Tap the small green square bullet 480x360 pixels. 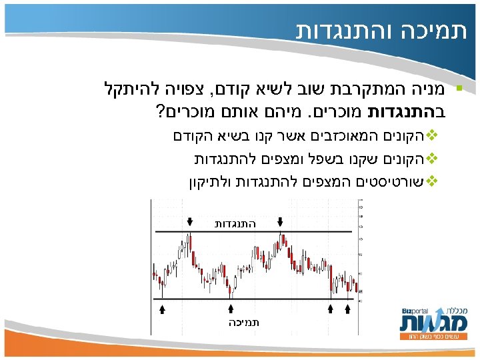point(458,89)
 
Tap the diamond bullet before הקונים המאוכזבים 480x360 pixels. point(431,137)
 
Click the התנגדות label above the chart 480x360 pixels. point(235,224)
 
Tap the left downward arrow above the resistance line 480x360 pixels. point(191,221)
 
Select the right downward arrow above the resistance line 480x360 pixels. point(280,221)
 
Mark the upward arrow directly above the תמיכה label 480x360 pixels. point(231,309)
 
